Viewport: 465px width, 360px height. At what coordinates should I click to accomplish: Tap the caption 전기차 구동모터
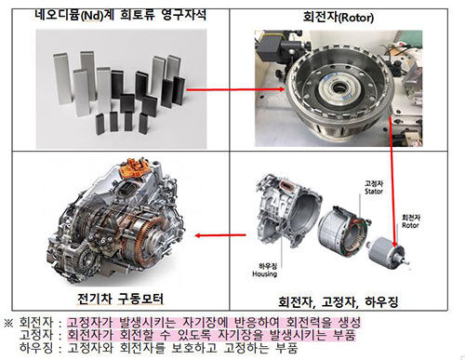(114, 299)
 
